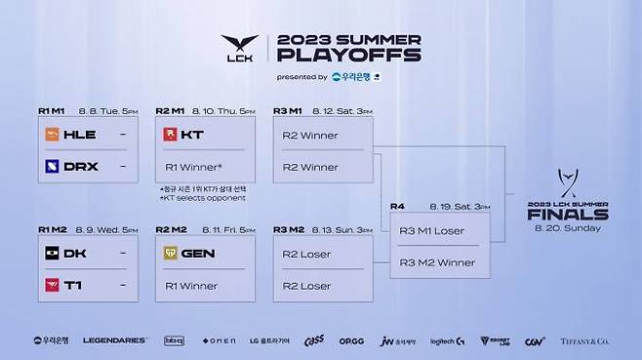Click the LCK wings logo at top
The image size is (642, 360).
pyautogui.click(x=239, y=48)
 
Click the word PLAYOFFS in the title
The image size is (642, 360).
pyautogui.click(x=348, y=56)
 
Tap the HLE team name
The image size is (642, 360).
pyautogui.click(x=79, y=135)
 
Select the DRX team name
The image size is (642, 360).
pyautogui.click(x=80, y=166)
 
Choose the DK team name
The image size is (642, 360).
pyautogui.click(x=75, y=254)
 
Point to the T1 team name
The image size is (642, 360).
pyautogui.click(x=74, y=285)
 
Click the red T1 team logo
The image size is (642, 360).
pyautogui.click(x=51, y=285)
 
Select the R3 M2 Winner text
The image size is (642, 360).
pyautogui.click(x=437, y=261)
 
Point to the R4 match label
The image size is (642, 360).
pyautogui.click(x=397, y=207)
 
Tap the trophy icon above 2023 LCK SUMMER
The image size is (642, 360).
pyautogui.click(x=567, y=182)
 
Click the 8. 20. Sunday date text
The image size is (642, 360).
pyautogui.click(x=567, y=228)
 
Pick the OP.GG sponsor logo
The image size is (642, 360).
pyautogui.click(x=352, y=340)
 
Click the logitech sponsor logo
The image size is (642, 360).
pyautogui.click(x=447, y=340)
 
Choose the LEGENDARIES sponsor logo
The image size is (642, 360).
pyautogui.click(x=115, y=340)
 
